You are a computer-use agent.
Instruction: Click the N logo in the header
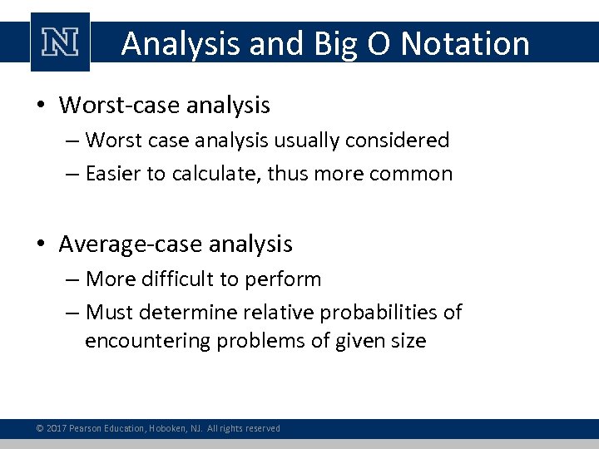tap(60, 42)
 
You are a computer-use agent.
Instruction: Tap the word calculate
tap(216, 174)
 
